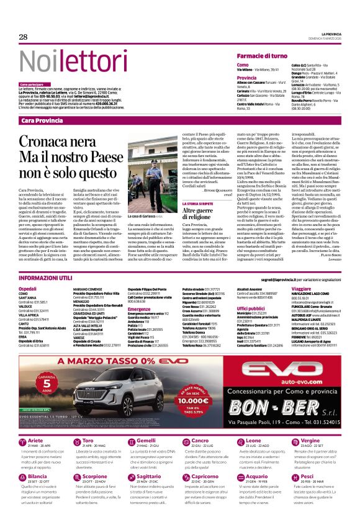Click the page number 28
23,37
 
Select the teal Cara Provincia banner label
42,120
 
